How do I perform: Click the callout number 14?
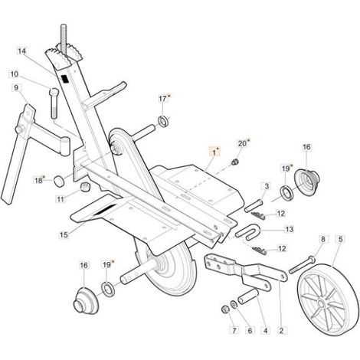[x=22, y=51]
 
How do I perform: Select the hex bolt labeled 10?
[x=54, y=103]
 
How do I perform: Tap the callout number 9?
[x=16, y=88]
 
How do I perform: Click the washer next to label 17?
[x=162, y=120]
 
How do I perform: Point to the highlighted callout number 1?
[x=214, y=152]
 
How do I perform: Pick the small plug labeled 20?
[x=234, y=162]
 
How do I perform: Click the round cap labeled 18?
[x=59, y=181]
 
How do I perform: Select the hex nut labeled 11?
[x=85, y=187]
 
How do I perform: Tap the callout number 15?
[x=64, y=234]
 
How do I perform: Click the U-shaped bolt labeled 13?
[x=248, y=232]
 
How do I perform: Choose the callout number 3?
[x=267, y=186]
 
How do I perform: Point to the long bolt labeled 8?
[x=303, y=264]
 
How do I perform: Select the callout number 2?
[x=281, y=331]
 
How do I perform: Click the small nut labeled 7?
[x=225, y=309]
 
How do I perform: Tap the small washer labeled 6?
[x=234, y=304]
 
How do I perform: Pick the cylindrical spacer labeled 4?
[x=248, y=296]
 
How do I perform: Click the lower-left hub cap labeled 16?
[x=86, y=301]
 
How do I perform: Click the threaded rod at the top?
[x=64, y=38]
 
